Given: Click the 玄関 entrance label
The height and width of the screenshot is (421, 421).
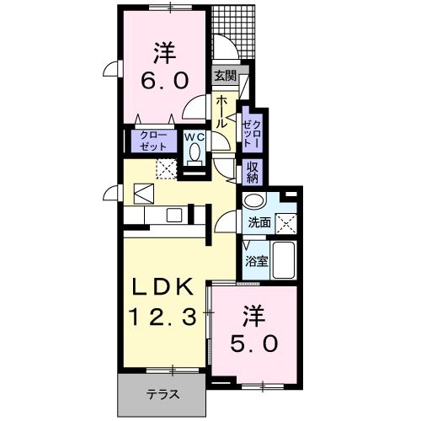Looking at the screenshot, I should pyautogui.click(x=223, y=75).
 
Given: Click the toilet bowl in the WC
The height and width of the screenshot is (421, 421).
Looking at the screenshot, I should pyautogui.click(x=195, y=153).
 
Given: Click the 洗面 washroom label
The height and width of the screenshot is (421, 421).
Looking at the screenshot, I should pyautogui.click(x=258, y=222).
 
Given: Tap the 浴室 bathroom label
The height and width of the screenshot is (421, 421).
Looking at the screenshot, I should pyautogui.click(x=257, y=261).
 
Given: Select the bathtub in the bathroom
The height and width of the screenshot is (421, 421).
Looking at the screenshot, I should pyautogui.click(x=284, y=261).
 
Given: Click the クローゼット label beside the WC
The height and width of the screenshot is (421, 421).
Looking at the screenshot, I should pyautogui.click(x=153, y=141).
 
